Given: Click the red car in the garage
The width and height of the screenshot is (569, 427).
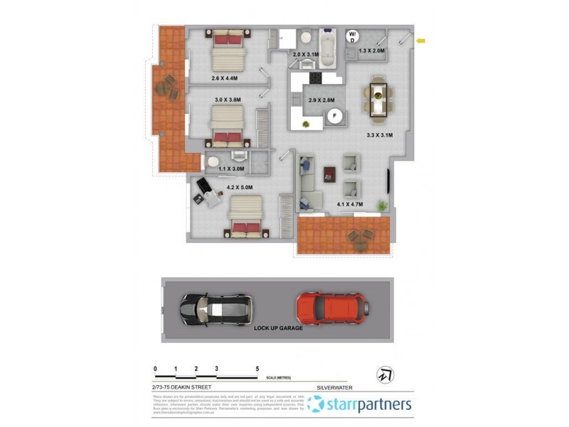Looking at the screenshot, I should pyautogui.click(x=333, y=307).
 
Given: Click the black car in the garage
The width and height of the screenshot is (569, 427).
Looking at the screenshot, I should pyautogui.click(x=215, y=308).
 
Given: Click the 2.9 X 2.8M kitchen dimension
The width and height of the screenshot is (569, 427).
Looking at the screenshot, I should pyautogui.click(x=321, y=100).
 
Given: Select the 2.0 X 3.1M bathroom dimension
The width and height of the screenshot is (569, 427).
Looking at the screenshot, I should pyautogui.click(x=307, y=54).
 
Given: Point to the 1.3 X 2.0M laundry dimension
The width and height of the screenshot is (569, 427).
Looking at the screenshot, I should pyautogui.click(x=371, y=51).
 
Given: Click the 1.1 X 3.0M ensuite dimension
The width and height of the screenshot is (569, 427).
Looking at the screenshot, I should pyautogui.click(x=230, y=169).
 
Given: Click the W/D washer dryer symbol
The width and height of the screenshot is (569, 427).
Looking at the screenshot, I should pyautogui.click(x=352, y=37).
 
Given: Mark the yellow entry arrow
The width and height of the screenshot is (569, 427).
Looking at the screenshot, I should pyautogui.click(x=421, y=41).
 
